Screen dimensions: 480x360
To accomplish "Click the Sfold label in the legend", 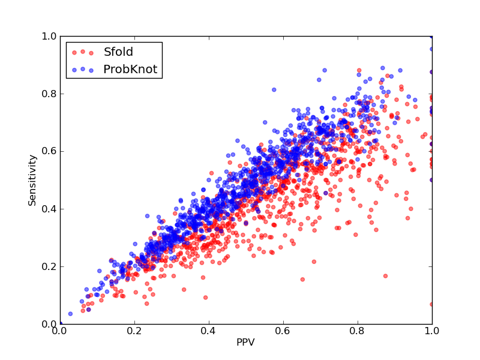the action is pyautogui.click(x=118, y=52).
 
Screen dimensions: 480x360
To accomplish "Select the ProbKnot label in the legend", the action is pyautogui.click(x=130, y=69).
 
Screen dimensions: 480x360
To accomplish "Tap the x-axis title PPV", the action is pyautogui.click(x=245, y=342).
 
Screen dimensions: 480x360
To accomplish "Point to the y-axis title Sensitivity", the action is pyautogui.click(x=32, y=181).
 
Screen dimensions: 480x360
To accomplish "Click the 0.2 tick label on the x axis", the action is pyautogui.click(x=134, y=331).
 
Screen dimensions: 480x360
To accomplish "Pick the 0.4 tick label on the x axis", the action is pyautogui.click(x=209, y=331).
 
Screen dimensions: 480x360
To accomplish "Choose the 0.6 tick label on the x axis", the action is pyautogui.click(x=283, y=331).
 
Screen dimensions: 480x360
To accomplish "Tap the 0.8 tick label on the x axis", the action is pyautogui.click(x=358, y=331).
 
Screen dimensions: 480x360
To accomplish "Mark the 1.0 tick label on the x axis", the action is pyautogui.click(x=432, y=331).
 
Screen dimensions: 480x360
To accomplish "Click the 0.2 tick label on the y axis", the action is pyautogui.click(x=49, y=266).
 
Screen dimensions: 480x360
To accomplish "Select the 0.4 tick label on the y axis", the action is pyautogui.click(x=49, y=209).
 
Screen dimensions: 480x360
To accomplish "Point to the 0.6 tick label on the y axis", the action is pyautogui.click(x=49, y=151).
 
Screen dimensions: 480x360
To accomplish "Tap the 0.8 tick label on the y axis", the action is pyautogui.click(x=49, y=94).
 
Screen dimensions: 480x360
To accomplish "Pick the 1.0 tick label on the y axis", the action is pyautogui.click(x=49, y=36).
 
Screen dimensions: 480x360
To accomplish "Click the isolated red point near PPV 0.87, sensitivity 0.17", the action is pyautogui.click(x=385, y=276).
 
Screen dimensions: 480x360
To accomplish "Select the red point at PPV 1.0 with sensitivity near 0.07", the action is pyautogui.click(x=431, y=304).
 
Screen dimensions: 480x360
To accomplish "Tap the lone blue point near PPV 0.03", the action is pyautogui.click(x=70, y=314).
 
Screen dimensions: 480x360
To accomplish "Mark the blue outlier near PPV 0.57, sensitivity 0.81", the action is pyautogui.click(x=274, y=89).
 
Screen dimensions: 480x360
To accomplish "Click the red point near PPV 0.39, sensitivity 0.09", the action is pyautogui.click(x=205, y=297).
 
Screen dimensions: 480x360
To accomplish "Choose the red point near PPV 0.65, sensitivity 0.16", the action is pyautogui.click(x=302, y=279).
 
